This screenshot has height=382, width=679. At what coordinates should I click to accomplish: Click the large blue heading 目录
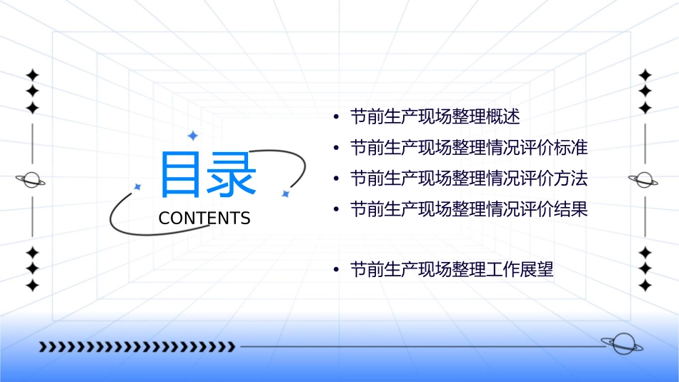207,175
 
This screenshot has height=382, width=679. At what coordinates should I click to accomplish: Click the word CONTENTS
204,218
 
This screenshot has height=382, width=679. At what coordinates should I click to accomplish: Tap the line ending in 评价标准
468,148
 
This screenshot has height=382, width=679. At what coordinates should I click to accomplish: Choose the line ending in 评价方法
468,179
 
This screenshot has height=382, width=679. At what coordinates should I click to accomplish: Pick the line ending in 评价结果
468,209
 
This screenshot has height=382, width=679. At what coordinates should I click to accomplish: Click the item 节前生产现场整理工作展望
452,270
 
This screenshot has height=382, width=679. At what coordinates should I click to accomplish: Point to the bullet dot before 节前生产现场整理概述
336,116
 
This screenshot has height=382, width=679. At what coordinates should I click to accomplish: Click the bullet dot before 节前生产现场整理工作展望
336,271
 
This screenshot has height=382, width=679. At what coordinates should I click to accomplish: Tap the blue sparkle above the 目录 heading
192,135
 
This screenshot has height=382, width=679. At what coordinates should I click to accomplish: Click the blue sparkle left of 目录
137,186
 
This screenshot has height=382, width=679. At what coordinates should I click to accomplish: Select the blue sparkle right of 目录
284,193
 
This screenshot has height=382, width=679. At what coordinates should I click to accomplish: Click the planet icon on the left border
31,180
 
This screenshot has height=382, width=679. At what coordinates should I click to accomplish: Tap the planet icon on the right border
644,180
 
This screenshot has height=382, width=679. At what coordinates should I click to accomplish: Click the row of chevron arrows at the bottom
137,347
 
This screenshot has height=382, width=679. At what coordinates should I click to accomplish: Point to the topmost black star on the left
32,74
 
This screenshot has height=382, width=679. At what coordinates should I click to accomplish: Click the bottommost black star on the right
645,286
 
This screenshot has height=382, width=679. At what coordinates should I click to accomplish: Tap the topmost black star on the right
645,74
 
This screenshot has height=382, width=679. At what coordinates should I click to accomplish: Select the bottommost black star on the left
32,286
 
